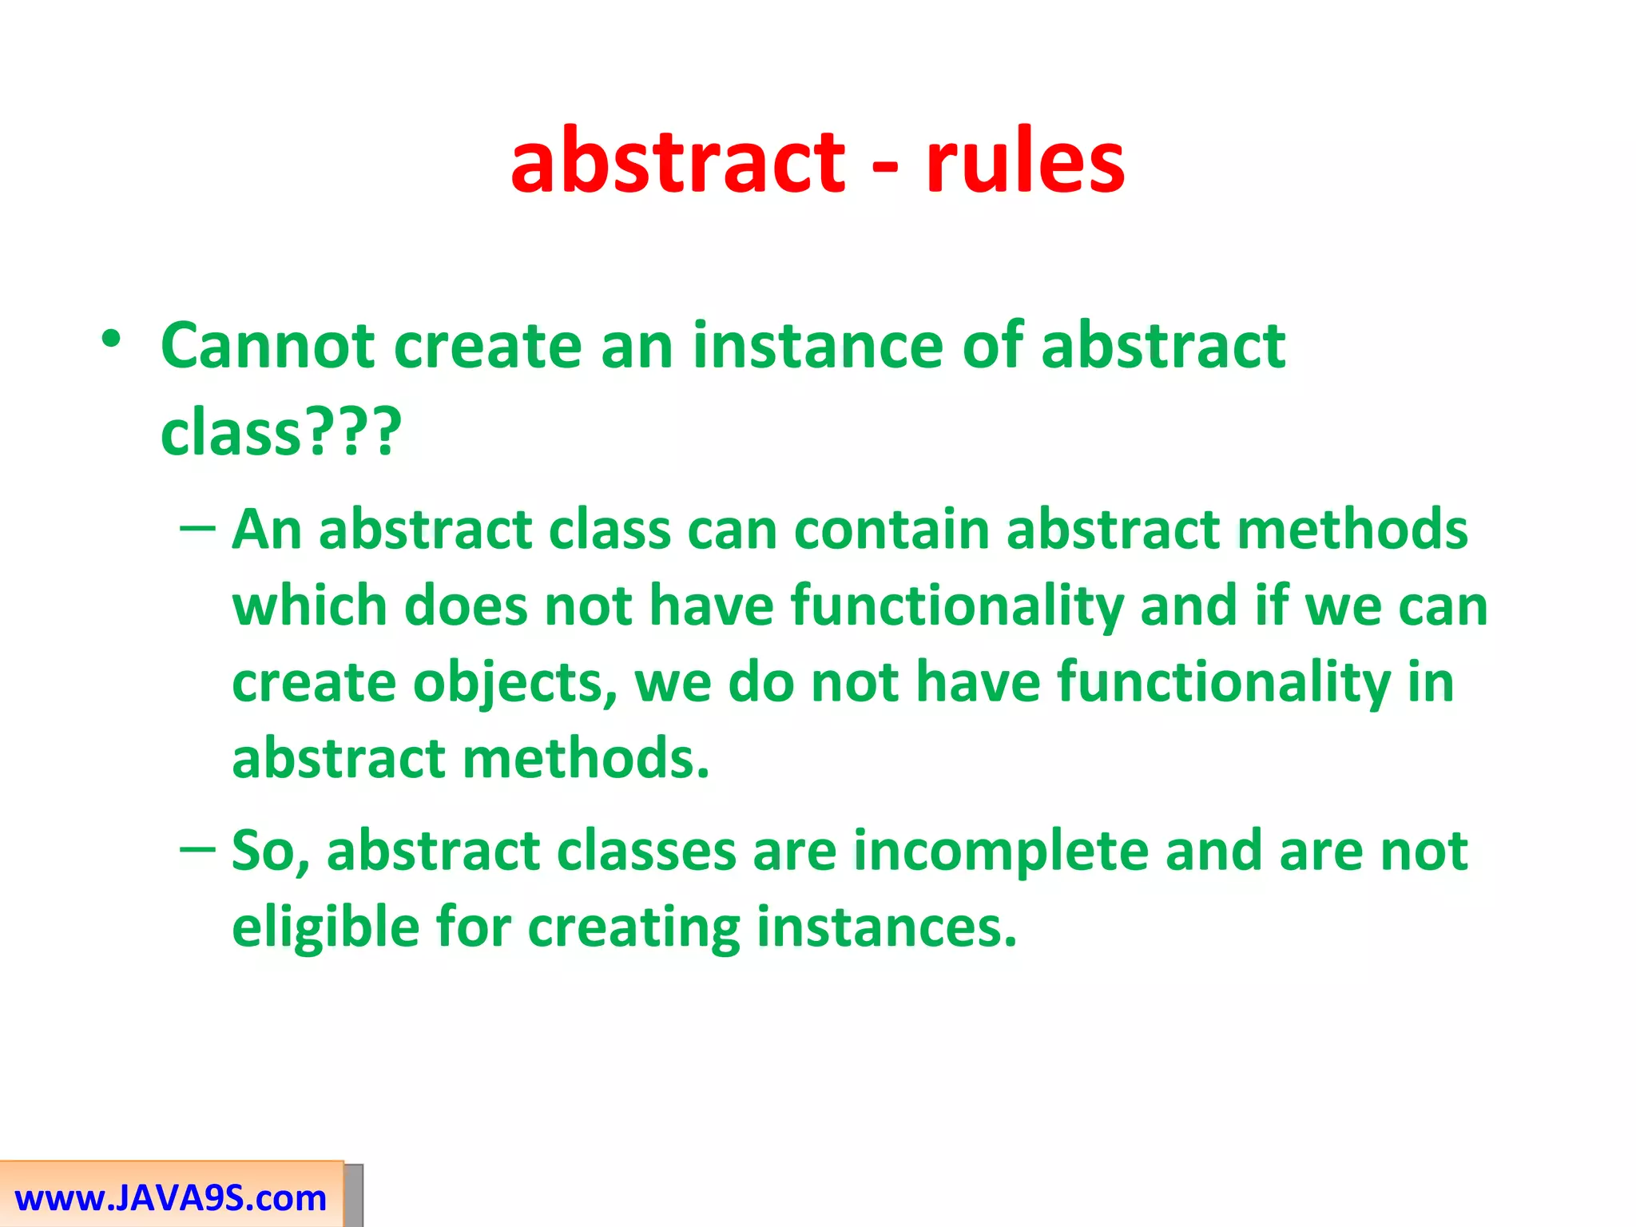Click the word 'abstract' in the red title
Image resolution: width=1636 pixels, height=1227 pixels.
click(677, 164)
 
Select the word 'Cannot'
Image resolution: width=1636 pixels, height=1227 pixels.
click(268, 347)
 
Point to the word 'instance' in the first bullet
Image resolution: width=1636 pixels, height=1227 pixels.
click(818, 347)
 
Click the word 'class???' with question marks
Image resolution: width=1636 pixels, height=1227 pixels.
click(280, 433)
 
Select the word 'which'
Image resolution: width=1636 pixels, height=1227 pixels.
click(309, 606)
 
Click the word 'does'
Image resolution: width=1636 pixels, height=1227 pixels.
click(466, 606)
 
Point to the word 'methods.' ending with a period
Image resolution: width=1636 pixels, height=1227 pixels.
click(586, 758)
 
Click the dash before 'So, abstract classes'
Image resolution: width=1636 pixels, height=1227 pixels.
click(197, 849)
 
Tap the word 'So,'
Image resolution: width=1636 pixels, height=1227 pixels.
click(270, 852)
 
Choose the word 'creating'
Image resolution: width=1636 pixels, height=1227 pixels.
click(634, 928)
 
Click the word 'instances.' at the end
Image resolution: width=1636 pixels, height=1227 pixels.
click(887, 928)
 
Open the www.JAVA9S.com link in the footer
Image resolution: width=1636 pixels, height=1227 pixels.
click(170, 1199)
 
